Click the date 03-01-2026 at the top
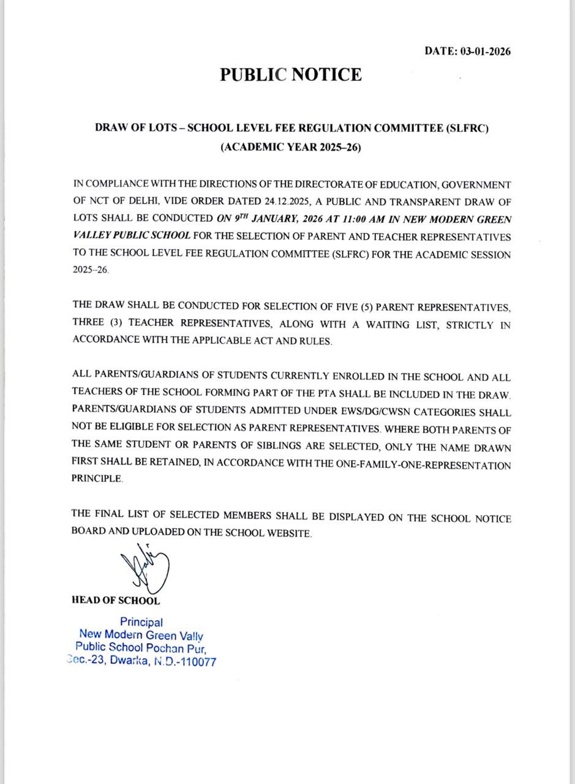coord(484,51)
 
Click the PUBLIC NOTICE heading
coord(291,75)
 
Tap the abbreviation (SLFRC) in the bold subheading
coord(467,128)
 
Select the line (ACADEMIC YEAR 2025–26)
coord(291,148)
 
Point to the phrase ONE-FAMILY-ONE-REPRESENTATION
coord(423,465)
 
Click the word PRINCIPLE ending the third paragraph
coord(97,480)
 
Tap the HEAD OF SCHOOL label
coord(116,601)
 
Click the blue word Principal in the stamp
coord(141,622)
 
